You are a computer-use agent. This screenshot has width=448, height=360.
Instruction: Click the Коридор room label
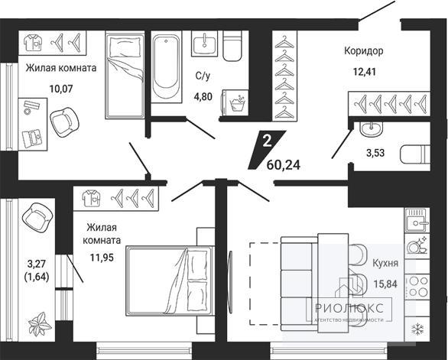[363, 51]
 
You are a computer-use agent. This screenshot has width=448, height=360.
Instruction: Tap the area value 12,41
[364, 71]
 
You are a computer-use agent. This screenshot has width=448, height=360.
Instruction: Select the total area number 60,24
[284, 164]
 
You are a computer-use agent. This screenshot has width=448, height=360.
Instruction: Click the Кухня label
[385, 263]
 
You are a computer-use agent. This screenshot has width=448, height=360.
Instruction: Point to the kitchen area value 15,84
[386, 284]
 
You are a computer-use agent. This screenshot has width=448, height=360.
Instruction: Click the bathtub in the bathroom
[166, 66]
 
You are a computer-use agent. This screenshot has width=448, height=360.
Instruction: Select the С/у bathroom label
[203, 76]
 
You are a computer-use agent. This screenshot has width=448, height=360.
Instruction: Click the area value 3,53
[375, 153]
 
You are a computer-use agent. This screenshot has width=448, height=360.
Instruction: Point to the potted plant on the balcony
[40, 324]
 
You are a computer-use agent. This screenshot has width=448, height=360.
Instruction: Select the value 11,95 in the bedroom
[102, 258]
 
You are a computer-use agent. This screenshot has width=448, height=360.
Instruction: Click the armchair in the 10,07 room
[64, 122]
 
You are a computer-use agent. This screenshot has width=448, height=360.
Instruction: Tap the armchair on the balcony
[37, 218]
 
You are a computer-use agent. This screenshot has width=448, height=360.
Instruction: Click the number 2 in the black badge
[267, 141]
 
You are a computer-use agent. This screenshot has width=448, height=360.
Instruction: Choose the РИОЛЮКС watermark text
[349, 308]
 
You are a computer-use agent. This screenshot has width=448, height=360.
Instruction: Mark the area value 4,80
[203, 96]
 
